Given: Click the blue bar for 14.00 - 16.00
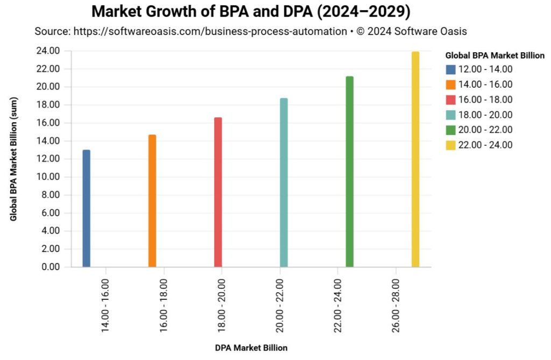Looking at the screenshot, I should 86,208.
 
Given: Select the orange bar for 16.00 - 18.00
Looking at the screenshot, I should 152,201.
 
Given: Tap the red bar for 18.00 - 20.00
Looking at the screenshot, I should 218,192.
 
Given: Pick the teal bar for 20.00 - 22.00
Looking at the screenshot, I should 284,182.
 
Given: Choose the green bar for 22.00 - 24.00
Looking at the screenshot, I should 350,172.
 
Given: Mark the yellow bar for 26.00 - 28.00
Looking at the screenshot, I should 415,159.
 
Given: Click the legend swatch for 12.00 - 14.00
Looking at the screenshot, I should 451,69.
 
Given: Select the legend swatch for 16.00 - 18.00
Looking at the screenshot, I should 451,100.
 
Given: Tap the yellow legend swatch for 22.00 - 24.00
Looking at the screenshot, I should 451,145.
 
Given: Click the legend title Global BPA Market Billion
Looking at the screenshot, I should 495,55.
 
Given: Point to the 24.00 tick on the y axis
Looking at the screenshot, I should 48,51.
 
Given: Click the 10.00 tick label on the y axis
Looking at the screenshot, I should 48,177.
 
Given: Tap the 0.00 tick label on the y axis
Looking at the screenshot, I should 50,267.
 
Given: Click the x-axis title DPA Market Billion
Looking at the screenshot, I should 251,348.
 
